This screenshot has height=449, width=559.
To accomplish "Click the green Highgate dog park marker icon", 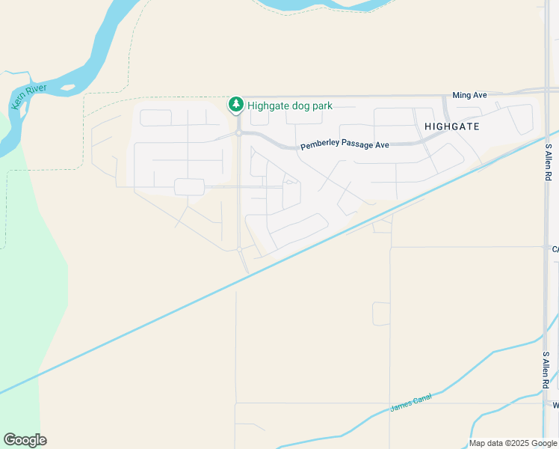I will pos(236,106).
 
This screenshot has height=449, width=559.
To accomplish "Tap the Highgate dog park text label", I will pos(290,106).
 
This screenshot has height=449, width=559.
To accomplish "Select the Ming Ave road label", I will pos(469,96).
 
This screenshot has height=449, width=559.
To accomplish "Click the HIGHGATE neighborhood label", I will pos(451,126).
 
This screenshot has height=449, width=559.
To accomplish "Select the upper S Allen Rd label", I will pos(548,162).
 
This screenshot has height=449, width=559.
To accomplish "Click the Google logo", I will pos(25,440).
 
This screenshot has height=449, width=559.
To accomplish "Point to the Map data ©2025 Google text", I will pos(513,444).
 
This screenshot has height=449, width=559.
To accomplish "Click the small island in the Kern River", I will pos(68,88).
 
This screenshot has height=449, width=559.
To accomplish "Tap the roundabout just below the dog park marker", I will pos(238,133).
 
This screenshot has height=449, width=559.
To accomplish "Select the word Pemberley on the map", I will pos(319,146).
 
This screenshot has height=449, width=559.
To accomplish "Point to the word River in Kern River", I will pos(37,92).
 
